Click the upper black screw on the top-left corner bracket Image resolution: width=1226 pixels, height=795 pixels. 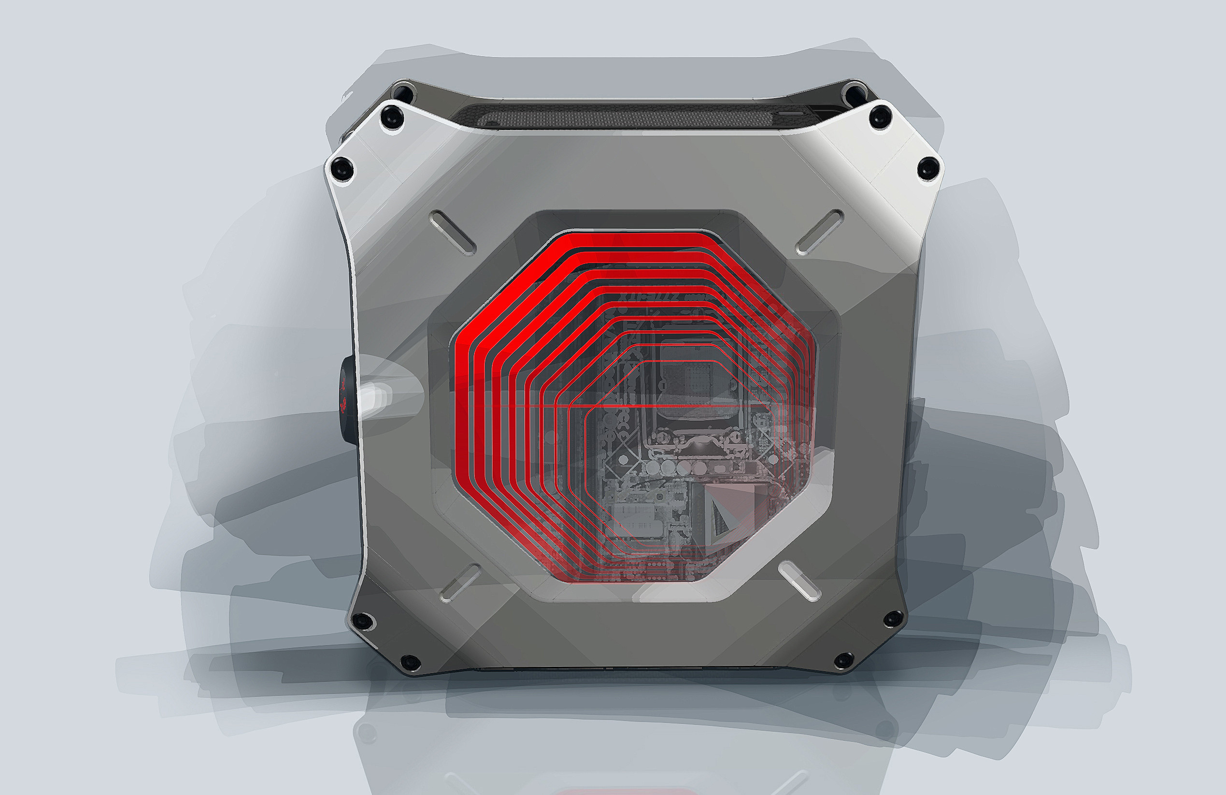click(x=393, y=117)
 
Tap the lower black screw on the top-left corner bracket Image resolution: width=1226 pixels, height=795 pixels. click(x=341, y=168)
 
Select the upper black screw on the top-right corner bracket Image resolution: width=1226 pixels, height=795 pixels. click(x=880, y=117)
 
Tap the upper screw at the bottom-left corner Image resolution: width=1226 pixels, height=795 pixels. click(x=363, y=621)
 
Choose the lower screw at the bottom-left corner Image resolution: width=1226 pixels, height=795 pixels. click(x=410, y=662)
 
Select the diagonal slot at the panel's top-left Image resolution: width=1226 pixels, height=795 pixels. click(x=452, y=232)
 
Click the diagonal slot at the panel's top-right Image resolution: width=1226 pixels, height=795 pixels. click(x=819, y=232)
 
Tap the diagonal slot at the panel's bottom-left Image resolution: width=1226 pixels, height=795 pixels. click(x=461, y=583)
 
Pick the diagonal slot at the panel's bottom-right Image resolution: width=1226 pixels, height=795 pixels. click(x=799, y=582)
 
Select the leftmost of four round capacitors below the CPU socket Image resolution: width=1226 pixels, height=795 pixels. click(x=653, y=467)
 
